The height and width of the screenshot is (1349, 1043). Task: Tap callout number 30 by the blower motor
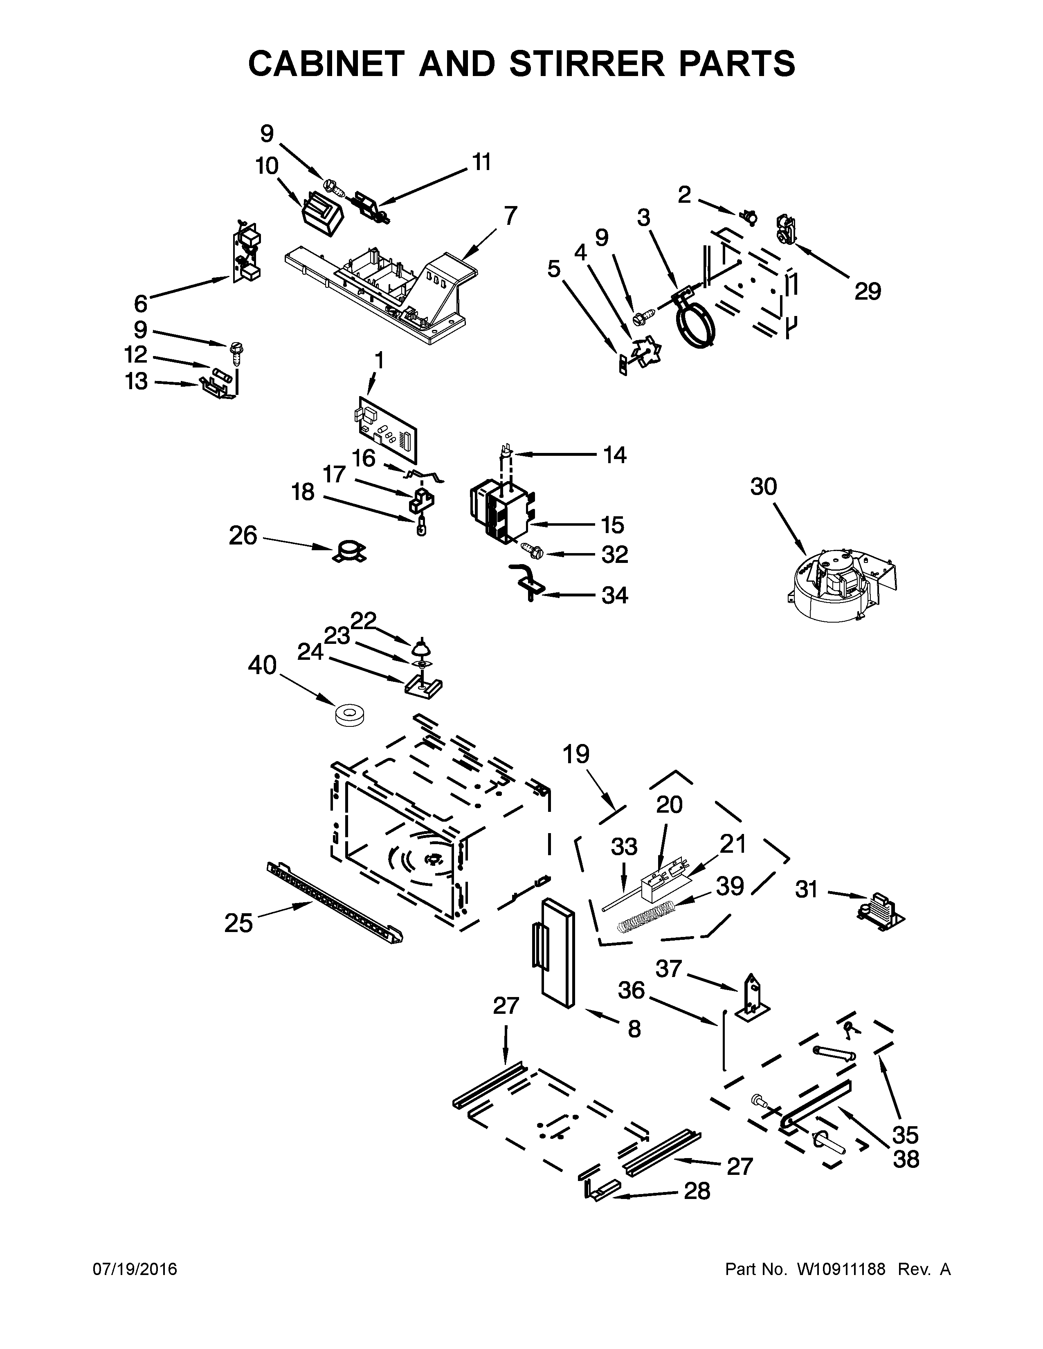click(763, 487)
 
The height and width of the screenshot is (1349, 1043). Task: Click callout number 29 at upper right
click(868, 291)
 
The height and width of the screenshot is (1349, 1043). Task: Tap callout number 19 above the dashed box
click(576, 754)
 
